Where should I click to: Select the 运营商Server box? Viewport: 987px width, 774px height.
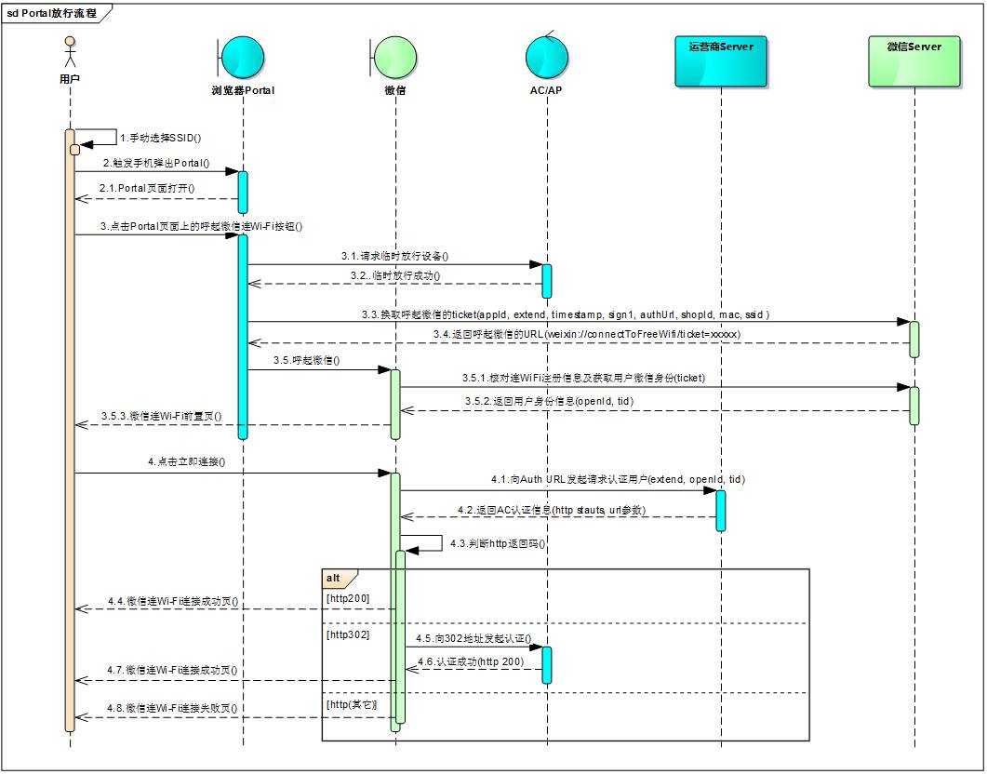pos(721,60)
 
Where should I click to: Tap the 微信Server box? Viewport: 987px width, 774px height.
pos(914,60)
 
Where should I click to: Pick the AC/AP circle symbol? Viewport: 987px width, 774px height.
pos(547,58)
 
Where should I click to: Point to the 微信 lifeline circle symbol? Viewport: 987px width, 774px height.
pos(393,58)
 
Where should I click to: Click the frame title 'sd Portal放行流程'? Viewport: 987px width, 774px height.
pos(52,14)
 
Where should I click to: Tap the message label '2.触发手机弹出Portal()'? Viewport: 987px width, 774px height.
pos(156,163)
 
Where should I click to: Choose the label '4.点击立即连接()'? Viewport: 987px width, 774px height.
pos(187,461)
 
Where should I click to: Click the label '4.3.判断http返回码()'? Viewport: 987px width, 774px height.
pos(497,543)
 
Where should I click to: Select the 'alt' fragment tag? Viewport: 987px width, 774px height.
pos(333,578)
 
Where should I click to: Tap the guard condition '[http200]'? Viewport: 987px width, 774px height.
pos(345,597)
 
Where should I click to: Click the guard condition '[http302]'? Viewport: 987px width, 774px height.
pos(345,634)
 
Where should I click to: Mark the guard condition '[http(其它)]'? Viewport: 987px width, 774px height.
pos(352,705)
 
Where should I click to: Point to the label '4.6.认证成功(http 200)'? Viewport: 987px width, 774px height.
pos(470,661)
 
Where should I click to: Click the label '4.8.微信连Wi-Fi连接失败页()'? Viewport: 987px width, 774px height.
pos(173,708)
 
